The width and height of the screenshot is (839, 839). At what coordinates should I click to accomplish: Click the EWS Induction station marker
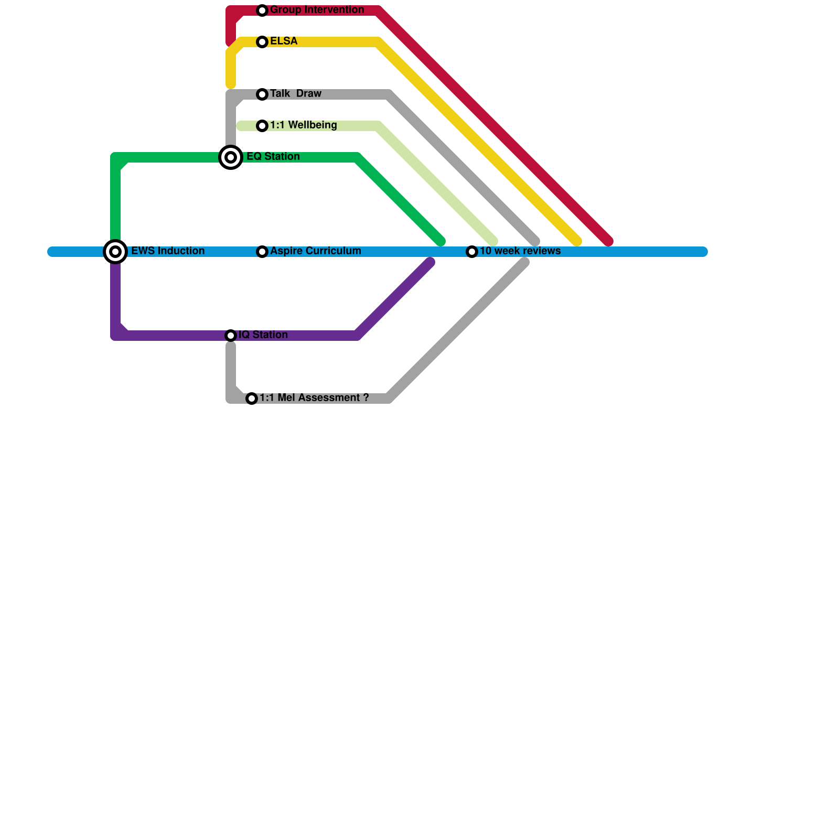[115, 252]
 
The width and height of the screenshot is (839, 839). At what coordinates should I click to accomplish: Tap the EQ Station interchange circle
[231, 157]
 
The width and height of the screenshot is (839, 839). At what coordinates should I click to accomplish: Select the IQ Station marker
[231, 336]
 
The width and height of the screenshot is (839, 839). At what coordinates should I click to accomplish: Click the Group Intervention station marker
[262, 10]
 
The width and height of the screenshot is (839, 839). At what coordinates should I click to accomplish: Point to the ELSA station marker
[262, 42]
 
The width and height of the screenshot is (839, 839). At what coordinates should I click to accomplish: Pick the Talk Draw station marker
[262, 94]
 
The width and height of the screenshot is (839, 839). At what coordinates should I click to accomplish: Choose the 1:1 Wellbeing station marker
[262, 126]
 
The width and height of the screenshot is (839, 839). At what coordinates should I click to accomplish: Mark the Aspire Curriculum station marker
[262, 252]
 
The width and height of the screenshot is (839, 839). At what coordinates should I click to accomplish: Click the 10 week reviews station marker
[472, 252]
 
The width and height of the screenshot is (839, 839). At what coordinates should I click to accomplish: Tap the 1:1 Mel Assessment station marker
[252, 399]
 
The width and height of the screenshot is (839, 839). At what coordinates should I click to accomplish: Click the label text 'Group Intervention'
[317, 10]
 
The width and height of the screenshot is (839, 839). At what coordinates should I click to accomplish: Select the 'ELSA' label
[284, 41]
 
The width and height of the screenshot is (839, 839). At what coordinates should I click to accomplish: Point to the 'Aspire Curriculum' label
[315, 251]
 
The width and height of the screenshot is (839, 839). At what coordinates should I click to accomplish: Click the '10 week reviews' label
[520, 251]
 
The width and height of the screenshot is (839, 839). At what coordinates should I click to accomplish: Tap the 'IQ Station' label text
[263, 335]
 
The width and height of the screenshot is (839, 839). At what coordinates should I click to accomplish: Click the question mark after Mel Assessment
[365, 397]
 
